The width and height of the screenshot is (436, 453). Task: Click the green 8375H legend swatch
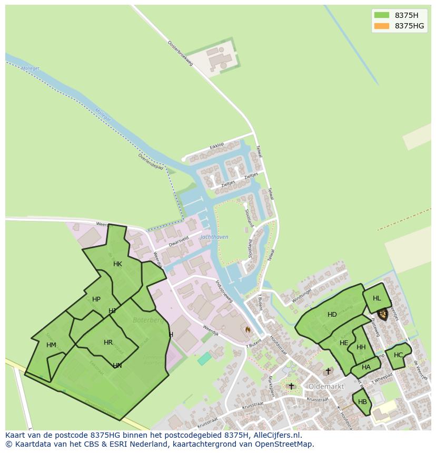[x=381, y=15]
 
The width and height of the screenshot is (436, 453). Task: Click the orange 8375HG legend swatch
[x=381, y=26]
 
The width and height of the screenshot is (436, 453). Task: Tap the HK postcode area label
[x=117, y=264]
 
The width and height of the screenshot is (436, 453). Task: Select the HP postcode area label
[x=96, y=299]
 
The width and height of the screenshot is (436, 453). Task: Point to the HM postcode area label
[x=51, y=345]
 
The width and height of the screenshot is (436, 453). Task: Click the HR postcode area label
[x=108, y=343]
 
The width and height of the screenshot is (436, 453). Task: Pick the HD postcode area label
[x=332, y=315]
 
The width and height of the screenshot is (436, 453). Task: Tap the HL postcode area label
[x=376, y=298]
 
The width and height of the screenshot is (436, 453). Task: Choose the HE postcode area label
[x=344, y=343]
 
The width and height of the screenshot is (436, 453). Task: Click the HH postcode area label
[x=361, y=347]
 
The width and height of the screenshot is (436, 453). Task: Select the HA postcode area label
[x=366, y=367]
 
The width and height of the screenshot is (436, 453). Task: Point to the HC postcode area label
[x=398, y=355]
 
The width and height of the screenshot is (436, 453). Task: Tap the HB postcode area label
[x=362, y=402]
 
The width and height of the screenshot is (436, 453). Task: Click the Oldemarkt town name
[x=326, y=386]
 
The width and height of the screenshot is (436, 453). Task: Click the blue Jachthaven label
[x=214, y=237]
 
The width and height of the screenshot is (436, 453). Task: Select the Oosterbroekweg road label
[x=181, y=53]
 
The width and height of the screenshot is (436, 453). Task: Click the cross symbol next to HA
[x=328, y=371]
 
